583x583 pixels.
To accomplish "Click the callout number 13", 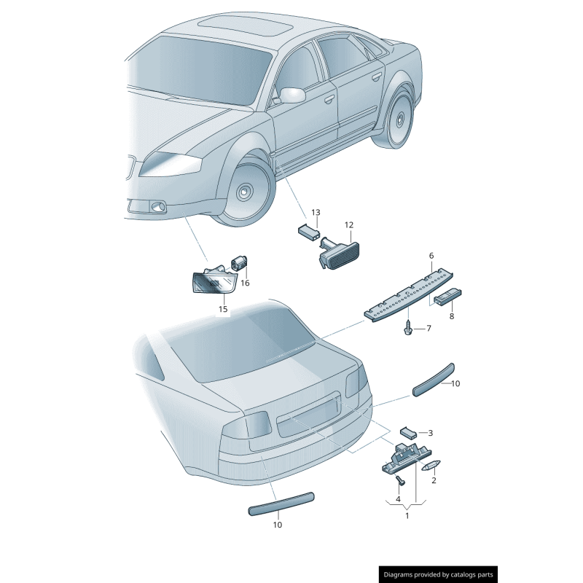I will [316, 212].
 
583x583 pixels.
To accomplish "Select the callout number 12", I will [348, 225].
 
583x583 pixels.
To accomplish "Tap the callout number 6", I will [431, 256].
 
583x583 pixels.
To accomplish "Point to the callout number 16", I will [245, 283].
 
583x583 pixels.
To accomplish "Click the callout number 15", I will [223, 309].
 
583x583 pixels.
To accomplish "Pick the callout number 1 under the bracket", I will [407, 515].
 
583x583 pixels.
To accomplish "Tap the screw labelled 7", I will [408, 329].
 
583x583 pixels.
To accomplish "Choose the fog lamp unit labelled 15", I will [212, 281].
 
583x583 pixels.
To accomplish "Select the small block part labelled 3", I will [407, 432].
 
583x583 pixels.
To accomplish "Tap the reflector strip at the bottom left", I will [281, 503].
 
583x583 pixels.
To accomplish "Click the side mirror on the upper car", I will [293, 95].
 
